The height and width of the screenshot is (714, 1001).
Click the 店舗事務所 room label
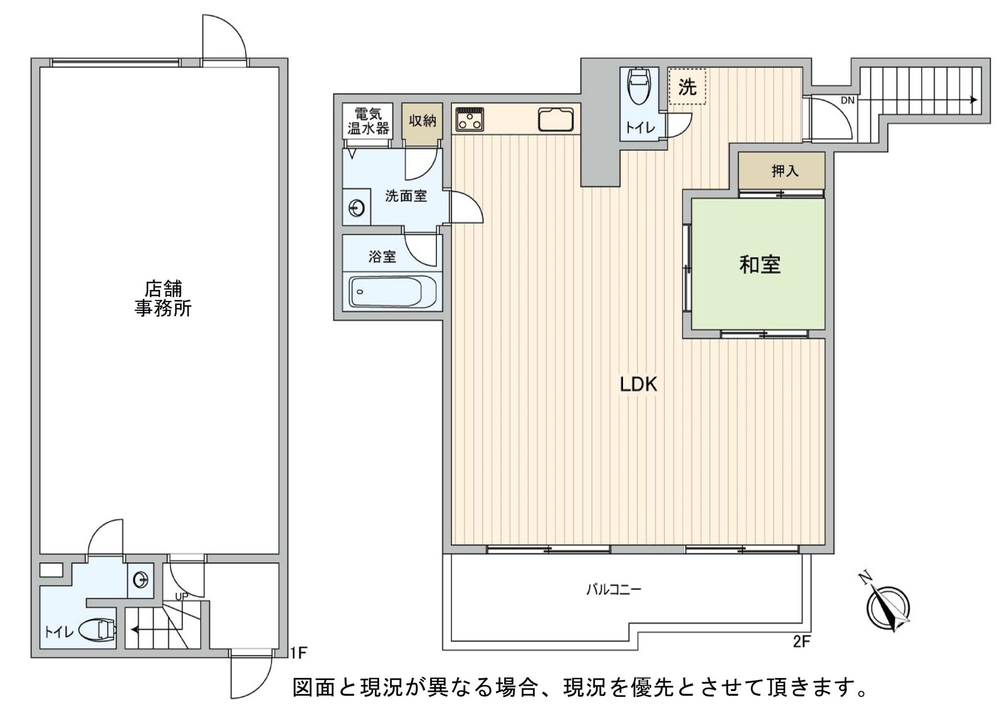[x=163, y=299]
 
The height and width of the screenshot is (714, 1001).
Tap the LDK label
[x=638, y=384]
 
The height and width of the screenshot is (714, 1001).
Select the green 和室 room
[x=759, y=265]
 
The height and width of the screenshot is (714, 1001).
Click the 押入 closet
[x=784, y=171]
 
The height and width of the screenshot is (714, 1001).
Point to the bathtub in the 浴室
[x=386, y=292]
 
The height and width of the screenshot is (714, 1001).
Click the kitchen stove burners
[x=470, y=119]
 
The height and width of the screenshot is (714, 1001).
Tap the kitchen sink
[x=556, y=120]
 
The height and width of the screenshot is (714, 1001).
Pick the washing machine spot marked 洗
[x=687, y=87]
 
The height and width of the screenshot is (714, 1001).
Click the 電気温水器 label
[x=368, y=121]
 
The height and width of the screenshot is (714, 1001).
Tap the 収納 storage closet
[x=422, y=121]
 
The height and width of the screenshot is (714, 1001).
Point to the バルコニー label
[x=614, y=590]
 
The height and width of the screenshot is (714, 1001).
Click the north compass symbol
[x=887, y=608]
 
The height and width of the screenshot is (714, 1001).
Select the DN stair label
[x=847, y=101]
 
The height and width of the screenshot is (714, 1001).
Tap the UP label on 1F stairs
[x=181, y=596]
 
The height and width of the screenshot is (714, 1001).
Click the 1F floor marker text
[x=299, y=652]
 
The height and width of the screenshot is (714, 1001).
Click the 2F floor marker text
[x=801, y=642]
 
